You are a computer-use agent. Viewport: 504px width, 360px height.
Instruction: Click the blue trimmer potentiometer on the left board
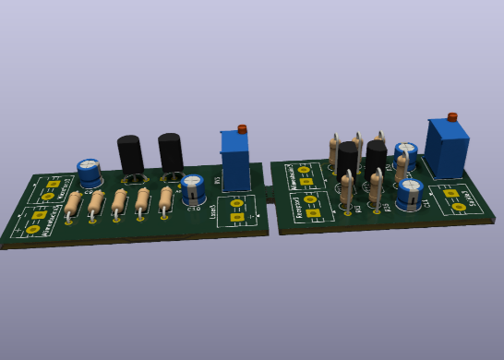[x=235, y=162]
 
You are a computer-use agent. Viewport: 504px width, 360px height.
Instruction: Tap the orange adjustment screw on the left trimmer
[x=242, y=129]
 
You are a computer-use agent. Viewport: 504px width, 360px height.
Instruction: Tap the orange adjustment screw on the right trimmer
[x=452, y=117]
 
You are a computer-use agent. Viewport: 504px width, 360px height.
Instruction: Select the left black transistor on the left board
[x=130, y=155]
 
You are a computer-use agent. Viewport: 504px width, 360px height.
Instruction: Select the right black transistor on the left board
[x=171, y=152]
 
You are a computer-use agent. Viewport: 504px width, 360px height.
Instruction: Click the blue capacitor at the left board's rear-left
[x=89, y=172]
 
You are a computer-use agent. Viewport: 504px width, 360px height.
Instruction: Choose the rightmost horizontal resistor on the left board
[x=165, y=198]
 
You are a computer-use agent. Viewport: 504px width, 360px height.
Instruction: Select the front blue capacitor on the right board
[x=410, y=193]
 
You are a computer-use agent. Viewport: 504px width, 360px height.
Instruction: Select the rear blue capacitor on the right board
[x=405, y=151]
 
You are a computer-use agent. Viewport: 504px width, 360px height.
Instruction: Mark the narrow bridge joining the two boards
[x=269, y=194]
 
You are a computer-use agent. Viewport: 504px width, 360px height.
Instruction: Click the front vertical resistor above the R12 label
[x=346, y=189]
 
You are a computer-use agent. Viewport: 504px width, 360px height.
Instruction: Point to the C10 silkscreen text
[x=194, y=209]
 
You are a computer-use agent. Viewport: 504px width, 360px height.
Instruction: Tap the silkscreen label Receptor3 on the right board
[x=300, y=206]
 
